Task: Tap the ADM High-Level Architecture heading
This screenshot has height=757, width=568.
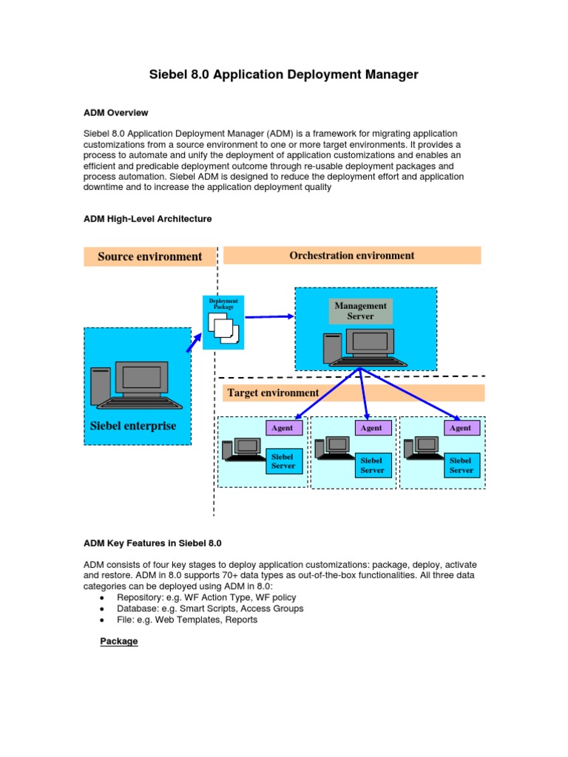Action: point(147,219)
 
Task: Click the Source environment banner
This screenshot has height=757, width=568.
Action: point(149,257)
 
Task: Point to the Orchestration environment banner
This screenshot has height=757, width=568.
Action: point(351,256)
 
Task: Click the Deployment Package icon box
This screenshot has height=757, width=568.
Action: point(223,322)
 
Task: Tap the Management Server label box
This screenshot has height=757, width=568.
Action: point(360,311)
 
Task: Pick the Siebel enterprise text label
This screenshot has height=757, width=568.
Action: point(133,426)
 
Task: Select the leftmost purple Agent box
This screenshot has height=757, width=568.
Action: point(282,427)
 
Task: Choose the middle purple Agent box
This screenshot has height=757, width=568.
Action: point(371,427)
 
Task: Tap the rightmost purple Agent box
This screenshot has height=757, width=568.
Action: point(460,427)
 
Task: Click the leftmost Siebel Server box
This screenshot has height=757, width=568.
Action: point(283,461)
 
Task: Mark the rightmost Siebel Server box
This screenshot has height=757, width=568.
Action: point(461,465)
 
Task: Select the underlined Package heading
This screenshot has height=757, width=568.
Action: point(119,641)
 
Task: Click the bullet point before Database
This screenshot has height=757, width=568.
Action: point(101,609)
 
